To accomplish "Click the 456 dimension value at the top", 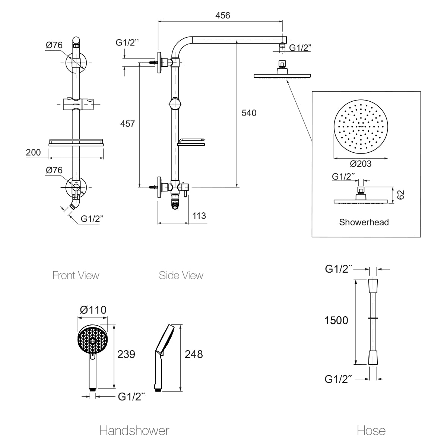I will tap(223, 15).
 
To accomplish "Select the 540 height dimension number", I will tap(249, 113).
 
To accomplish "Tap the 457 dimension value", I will tap(127, 123).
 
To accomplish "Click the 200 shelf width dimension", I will tap(33, 152).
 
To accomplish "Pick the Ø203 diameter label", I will tap(361, 164).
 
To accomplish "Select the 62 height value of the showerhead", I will tap(401, 194).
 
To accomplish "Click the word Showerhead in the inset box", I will tap(364, 222).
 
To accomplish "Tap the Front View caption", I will tap(76, 275).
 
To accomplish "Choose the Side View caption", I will tap(181, 275).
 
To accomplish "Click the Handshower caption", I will tap(134, 431).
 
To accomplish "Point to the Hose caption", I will tap(371, 431).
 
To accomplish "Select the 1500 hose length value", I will tap(336, 320).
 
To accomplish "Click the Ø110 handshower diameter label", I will tap(93, 310).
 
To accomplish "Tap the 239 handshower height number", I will tap(126, 354).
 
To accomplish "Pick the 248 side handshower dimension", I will tap(194, 354).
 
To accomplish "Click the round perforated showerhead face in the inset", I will tap(361, 128).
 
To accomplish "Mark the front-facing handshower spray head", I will tap(92, 339).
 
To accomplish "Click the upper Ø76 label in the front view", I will tap(54, 45).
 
